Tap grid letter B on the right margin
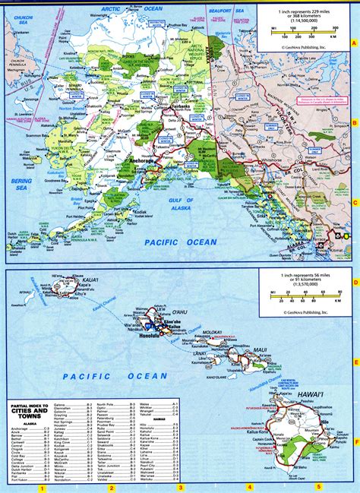355,122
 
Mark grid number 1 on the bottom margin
43,487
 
